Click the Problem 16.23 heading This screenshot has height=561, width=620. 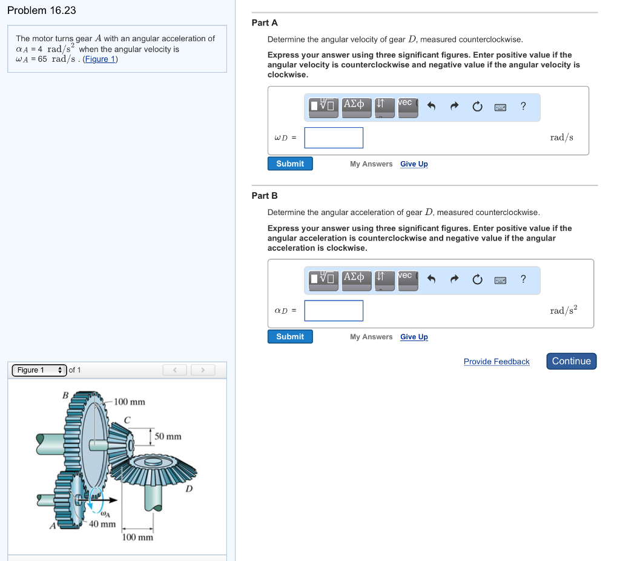coord(42,10)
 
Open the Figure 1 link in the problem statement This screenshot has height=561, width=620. coord(100,59)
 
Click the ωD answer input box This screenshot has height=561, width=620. coord(334,138)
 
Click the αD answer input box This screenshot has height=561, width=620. coord(334,311)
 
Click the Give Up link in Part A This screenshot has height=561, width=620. coord(414,164)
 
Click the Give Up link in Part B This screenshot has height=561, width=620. coord(414,337)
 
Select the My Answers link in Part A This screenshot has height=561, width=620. coord(371,164)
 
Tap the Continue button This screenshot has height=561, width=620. coord(571,361)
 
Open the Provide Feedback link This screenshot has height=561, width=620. coord(496,362)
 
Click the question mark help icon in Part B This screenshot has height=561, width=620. coord(523,279)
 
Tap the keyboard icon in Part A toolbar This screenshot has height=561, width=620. coord(500,107)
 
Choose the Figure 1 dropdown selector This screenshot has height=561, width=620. coord(39,370)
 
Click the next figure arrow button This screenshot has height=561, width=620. coord(203,370)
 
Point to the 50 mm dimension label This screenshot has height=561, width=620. coord(168,436)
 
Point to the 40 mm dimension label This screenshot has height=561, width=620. coord(102,523)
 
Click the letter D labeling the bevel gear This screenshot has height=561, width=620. coord(189,488)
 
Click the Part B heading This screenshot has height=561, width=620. coord(265,196)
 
